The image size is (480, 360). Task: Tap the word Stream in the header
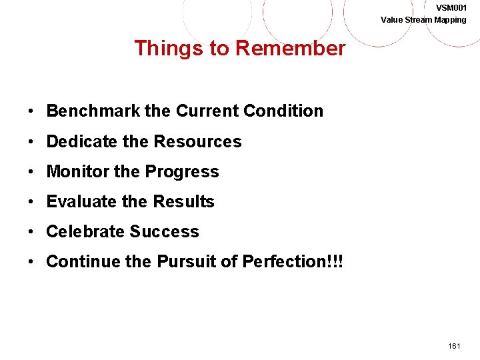click(419, 20)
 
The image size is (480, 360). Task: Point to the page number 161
click(455, 347)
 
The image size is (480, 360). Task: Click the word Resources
click(197, 141)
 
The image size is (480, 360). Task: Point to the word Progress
click(182, 171)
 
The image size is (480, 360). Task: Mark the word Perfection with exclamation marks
click(291, 261)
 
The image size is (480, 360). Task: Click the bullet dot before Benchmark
click(32, 111)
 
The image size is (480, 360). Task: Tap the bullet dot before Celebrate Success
click(32, 231)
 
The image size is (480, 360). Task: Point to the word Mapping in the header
click(451, 20)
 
